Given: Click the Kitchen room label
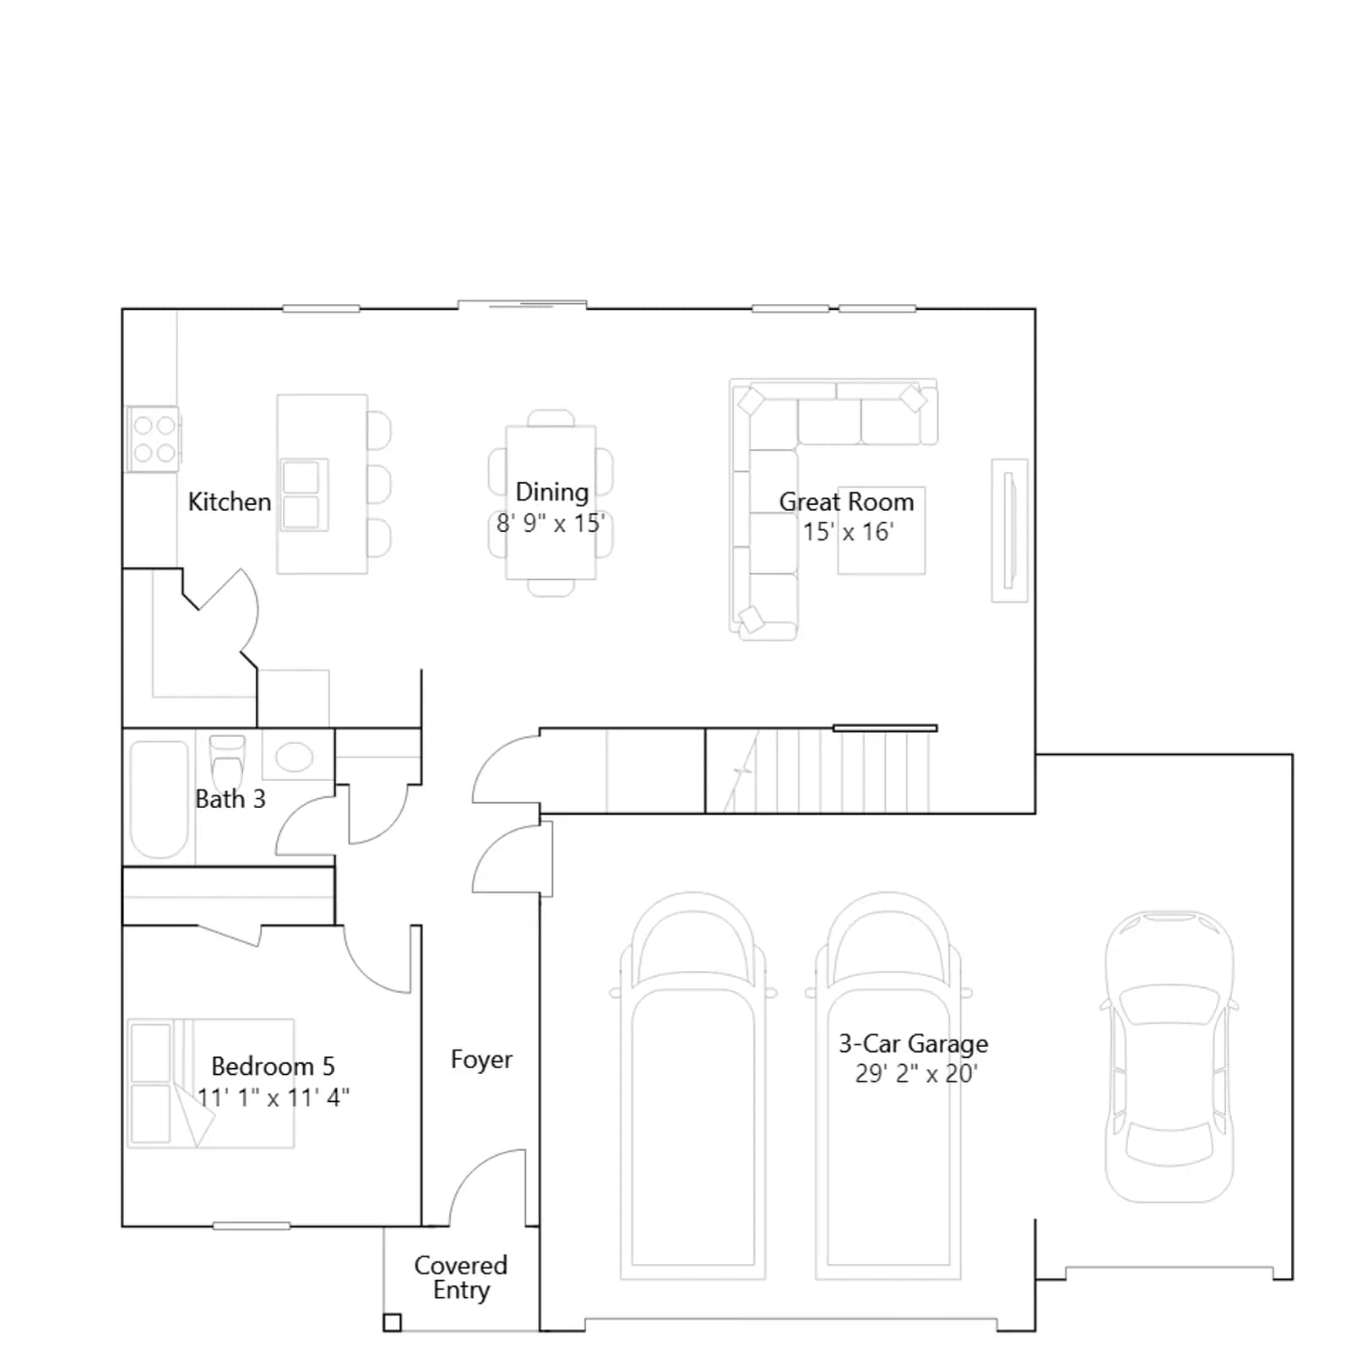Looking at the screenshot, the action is tap(229, 502).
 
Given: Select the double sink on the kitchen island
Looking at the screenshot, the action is tap(304, 495).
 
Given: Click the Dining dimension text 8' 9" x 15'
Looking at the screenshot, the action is tap(551, 524).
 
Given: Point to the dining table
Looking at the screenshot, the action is tap(551, 502).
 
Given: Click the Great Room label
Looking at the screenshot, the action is tap(846, 502).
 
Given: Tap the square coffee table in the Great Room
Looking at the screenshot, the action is tap(882, 530).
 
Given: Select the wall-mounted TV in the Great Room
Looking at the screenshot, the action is tap(1008, 530).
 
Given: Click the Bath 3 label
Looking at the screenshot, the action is tap(231, 799).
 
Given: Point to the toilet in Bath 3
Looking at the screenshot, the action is tap(227, 763).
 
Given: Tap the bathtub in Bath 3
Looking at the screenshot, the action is tap(159, 800).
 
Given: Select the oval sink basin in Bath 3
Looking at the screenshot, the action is tap(294, 757).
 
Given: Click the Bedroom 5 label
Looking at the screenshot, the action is tap(273, 1066).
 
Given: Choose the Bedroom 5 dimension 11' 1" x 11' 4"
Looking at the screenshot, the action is tap(274, 1098).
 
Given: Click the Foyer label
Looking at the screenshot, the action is tap(481, 1060).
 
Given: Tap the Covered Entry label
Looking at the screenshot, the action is tap(461, 1278).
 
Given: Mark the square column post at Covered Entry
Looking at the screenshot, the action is tap(392, 1322).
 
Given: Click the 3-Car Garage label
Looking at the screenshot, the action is tap(914, 1044).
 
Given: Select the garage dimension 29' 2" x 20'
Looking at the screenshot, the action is tap(916, 1074).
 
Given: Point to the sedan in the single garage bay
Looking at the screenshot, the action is tap(1169, 1055).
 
